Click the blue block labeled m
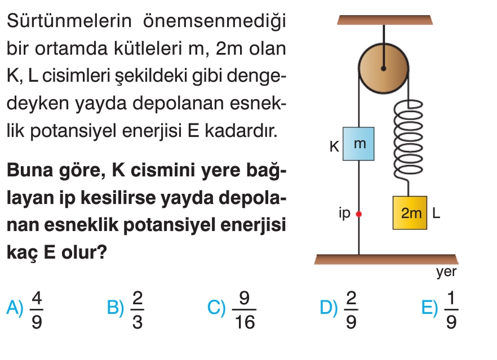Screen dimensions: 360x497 [x=360, y=144]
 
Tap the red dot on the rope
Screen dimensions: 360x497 [x=358, y=214]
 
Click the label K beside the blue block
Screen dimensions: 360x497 [x=334, y=146]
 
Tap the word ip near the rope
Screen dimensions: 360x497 [x=344, y=213]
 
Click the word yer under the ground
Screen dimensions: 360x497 [x=446, y=273]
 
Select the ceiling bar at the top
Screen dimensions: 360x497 [x=384, y=20]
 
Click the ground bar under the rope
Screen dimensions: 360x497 [x=386, y=259]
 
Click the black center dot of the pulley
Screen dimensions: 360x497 [x=383, y=69]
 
